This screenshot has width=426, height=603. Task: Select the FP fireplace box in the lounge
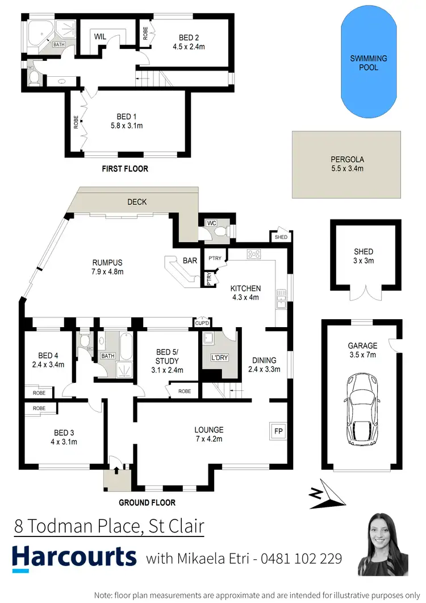[x=278, y=431]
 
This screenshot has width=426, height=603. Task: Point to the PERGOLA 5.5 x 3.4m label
[x=346, y=164]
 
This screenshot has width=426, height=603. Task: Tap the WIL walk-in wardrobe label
[x=101, y=36]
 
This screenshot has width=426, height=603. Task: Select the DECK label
[x=137, y=202]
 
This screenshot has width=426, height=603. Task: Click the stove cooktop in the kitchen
[x=253, y=254]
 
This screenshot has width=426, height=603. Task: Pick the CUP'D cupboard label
[x=202, y=323]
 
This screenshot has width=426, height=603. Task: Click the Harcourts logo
[x=74, y=557]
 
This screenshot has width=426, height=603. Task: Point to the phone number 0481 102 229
[x=301, y=559]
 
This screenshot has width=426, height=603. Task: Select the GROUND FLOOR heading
[x=147, y=502]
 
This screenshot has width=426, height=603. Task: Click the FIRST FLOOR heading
[x=124, y=168]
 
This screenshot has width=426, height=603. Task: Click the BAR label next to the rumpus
[x=190, y=261]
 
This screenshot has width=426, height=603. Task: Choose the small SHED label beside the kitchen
[x=281, y=237]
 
